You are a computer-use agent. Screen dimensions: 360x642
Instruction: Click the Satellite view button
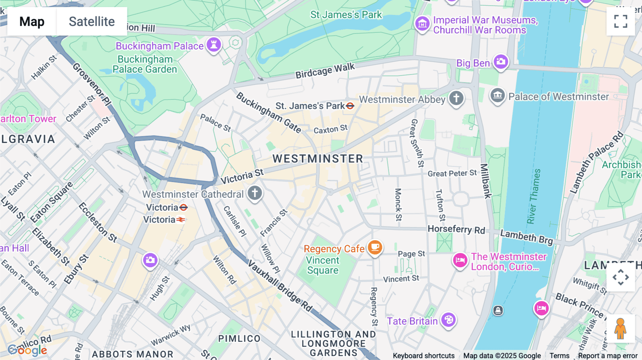coord(92,21)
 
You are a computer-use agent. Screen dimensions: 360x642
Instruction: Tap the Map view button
coord(32,21)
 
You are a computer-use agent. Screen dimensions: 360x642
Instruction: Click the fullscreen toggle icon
coord(621,21)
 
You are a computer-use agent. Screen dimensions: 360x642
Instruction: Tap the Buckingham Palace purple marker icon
coord(214,45)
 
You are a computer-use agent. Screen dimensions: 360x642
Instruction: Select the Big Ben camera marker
coord(501,62)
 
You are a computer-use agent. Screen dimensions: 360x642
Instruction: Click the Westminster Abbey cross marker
coord(456,98)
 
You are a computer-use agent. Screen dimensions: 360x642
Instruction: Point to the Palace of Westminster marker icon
coord(498,96)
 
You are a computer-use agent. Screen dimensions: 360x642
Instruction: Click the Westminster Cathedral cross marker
coord(255,193)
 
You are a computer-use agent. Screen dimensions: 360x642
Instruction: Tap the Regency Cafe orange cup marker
coord(374,247)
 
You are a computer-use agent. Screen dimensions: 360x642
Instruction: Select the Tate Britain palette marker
coord(448,320)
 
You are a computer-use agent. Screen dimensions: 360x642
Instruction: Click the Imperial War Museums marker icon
coord(423,24)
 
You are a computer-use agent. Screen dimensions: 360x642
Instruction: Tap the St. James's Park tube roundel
coord(350,106)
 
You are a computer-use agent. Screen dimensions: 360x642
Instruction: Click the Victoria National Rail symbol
coord(181,220)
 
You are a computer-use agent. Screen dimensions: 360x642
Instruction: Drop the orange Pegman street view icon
coord(620,329)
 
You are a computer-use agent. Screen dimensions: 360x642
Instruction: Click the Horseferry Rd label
coord(456,229)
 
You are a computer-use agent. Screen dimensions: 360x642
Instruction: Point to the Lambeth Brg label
coord(526,237)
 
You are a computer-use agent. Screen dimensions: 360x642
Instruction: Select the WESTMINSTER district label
coord(317,159)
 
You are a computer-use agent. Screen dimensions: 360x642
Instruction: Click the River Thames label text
coord(534,196)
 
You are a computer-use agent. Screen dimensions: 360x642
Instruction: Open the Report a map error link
coord(607,356)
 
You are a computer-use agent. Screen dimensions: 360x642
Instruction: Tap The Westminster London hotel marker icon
coord(460,260)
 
